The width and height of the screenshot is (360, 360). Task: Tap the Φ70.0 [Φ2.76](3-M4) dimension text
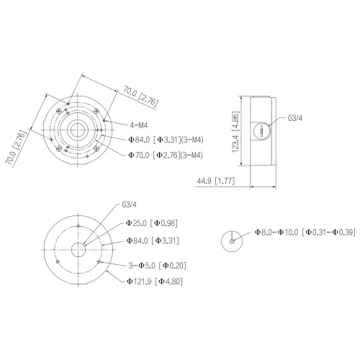165,155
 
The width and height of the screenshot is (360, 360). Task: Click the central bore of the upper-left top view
77,127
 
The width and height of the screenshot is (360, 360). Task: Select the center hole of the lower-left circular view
77,248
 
